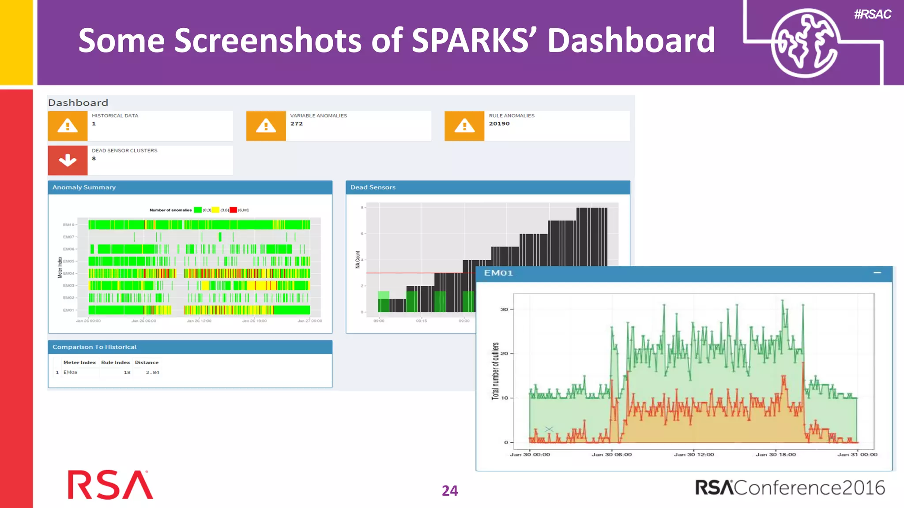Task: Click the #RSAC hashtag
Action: [872, 14]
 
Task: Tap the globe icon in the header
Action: [804, 43]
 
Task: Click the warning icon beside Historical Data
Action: [68, 126]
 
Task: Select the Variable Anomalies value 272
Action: [297, 124]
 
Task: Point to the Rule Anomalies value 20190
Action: [499, 124]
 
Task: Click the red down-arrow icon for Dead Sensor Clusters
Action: [68, 160]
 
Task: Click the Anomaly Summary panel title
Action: [84, 187]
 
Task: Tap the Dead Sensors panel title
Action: [373, 187]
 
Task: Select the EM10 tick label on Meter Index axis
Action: [68, 225]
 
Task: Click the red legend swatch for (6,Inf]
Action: [234, 210]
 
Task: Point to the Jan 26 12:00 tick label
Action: [199, 321]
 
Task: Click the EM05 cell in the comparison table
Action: [70, 373]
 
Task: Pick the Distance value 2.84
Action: [152, 373]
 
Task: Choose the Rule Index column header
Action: [115, 362]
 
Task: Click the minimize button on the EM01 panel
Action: [877, 273]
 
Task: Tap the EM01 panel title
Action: [498, 273]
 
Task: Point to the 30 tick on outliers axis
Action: [504, 310]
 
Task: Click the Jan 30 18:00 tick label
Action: [776, 455]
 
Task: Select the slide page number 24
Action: [450, 491]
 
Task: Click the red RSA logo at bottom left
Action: [110, 485]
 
